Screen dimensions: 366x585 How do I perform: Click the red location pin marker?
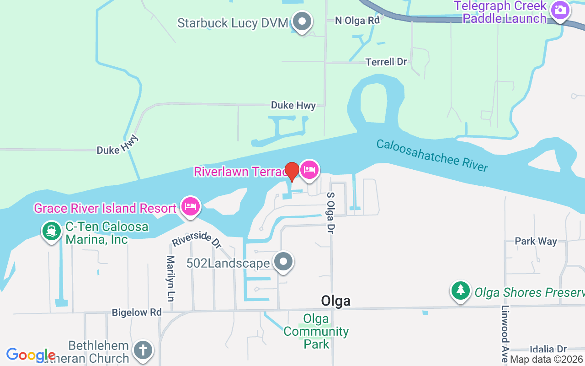click(x=292, y=172)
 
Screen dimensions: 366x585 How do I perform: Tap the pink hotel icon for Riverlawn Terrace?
click(x=309, y=171)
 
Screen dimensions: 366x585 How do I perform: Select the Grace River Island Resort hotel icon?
click(x=190, y=207)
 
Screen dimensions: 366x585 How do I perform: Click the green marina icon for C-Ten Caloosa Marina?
click(x=52, y=231)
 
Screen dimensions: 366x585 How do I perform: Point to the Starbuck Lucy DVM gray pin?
click(x=302, y=22)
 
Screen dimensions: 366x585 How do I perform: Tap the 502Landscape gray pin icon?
click(x=283, y=262)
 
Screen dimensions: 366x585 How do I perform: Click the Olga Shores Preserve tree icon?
click(x=461, y=291)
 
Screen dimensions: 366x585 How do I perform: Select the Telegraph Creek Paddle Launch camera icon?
click(x=559, y=10)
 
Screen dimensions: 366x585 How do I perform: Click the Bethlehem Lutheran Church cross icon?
click(x=143, y=351)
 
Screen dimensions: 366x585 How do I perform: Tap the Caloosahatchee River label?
click(x=432, y=155)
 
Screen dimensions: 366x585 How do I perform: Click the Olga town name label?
click(x=336, y=301)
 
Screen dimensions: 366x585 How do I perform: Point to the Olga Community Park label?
click(x=316, y=331)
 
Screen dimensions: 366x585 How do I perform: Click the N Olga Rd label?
click(x=357, y=20)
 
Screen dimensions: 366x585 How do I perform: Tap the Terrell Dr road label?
click(x=386, y=62)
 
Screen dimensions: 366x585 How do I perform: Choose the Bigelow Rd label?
click(x=137, y=312)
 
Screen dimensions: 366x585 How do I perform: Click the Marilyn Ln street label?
click(x=170, y=278)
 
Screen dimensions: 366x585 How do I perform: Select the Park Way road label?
click(x=536, y=241)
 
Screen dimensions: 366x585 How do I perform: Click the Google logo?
click(x=31, y=355)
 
